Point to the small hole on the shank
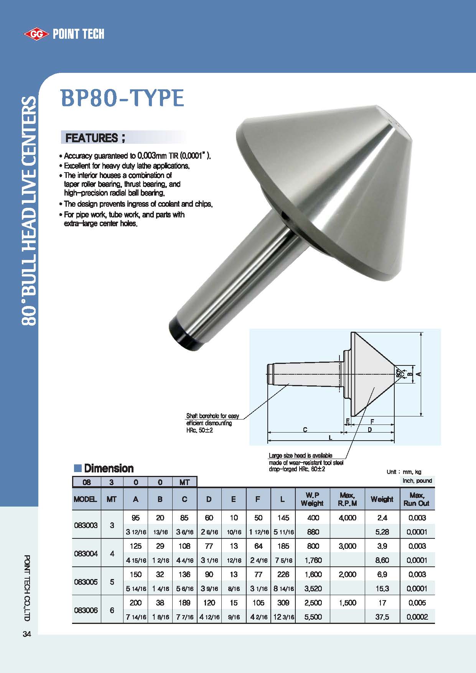285,216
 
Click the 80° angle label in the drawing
399,373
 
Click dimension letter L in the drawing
331,438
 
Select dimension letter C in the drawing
305,430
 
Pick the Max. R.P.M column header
348,499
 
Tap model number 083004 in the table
86,553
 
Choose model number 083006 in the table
86,610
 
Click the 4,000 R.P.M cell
348,518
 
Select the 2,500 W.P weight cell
313,603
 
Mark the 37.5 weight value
382,617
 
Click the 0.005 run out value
417,603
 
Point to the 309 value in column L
283,603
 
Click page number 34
27,634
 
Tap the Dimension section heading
109,468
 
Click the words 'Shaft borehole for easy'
212,416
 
